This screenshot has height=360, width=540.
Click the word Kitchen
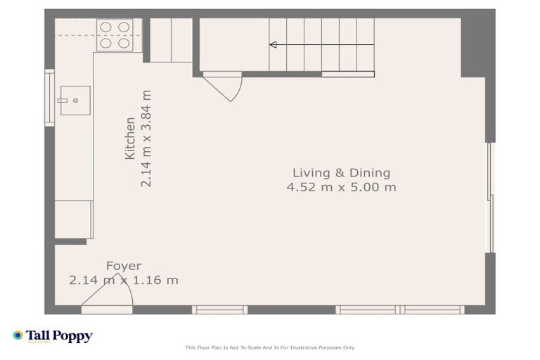tap(130, 138)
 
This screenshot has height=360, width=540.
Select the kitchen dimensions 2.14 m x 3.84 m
tap(146, 138)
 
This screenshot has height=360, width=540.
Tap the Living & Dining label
tap(341, 172)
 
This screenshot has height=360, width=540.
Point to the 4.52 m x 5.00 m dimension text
tap(341, 187)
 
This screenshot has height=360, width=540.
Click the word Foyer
tap(124, 266)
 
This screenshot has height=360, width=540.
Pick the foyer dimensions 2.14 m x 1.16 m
tap(124, 280)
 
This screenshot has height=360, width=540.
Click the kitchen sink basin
tap(74, 101)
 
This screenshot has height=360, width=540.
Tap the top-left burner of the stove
tap(106, 27)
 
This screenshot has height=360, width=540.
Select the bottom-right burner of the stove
tap(124, 44)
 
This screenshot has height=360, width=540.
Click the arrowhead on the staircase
tap(273, 45)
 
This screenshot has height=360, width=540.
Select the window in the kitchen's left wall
tap(49, 97)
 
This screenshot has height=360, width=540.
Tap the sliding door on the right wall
tap(491, 197)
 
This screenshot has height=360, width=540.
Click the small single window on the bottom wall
tap(220, 309)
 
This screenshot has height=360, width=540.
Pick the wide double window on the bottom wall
tap(399, 309)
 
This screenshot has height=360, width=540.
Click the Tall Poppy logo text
tap(59, 336)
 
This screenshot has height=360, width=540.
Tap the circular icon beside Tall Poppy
tap(18, 335)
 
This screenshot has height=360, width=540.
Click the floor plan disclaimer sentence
tap(270, 347)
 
